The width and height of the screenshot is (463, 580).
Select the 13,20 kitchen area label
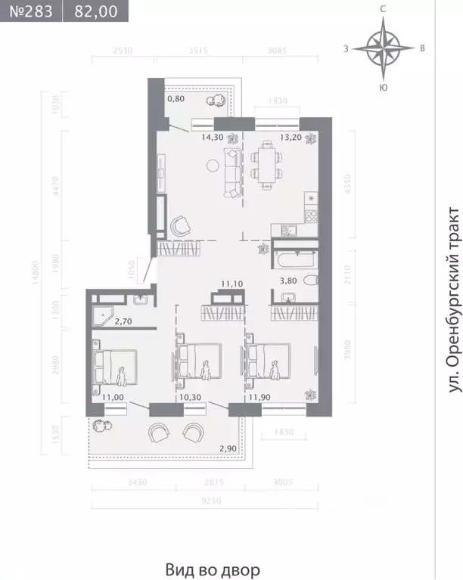271,138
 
